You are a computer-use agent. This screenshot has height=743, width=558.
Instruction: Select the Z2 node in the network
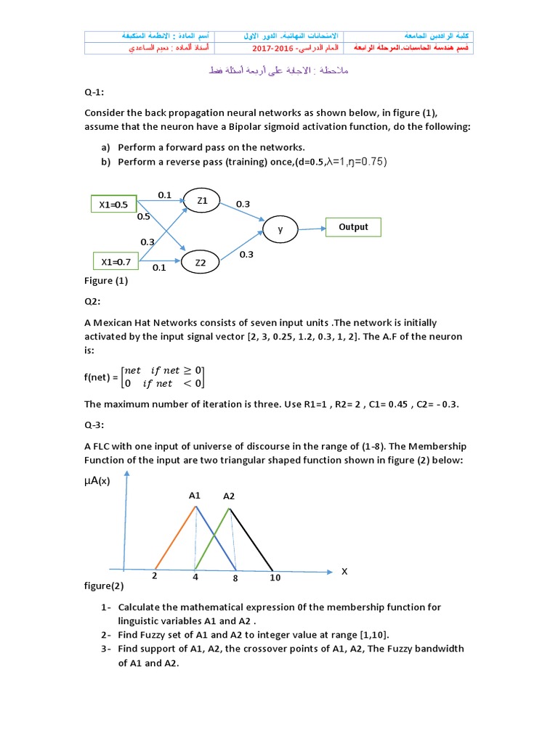(x=201, y=263)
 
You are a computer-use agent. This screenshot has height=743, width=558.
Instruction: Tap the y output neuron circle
(x=280, y=229)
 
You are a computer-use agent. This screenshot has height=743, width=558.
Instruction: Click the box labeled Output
(x=353, y=227)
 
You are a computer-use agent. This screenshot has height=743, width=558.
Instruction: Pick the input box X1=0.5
(x=113, y=205)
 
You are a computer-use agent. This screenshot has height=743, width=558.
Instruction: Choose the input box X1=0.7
(x=116, y=261)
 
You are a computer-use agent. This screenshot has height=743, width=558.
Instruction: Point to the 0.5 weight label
(x=143, y=216)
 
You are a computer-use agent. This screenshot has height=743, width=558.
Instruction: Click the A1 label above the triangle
(x=195, y=496)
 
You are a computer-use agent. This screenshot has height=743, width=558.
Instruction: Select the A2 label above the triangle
(x=229, y=496)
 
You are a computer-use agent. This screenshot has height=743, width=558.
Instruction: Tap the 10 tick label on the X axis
(x=275, y=578)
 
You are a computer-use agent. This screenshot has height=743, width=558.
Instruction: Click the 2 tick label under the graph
(x=155, y=576)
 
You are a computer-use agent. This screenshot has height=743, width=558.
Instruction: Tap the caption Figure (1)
(x=106, y=280)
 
